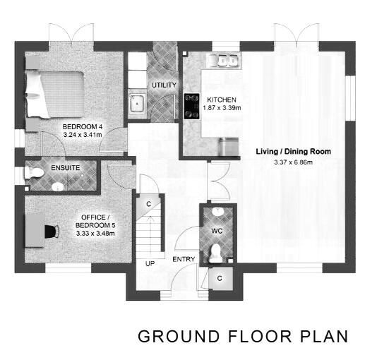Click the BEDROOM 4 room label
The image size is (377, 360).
click(x=83, y=127)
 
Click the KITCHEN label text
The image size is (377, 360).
click(x=222, y=100)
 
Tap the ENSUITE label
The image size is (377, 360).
click(x=65, y=168)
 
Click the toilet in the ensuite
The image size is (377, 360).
click(x=34, y=172)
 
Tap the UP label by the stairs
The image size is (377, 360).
click(x=150, y=263)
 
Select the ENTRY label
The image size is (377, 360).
click(x=184, y=260)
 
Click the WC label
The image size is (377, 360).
click(x=217, y=230)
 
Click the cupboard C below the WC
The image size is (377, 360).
click(x=220, y=278)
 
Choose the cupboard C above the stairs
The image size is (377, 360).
click(x=148, y=204)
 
